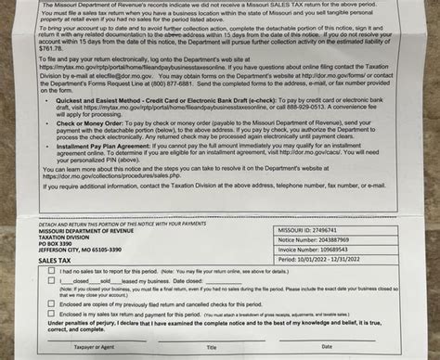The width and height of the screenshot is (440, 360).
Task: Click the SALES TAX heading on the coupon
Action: (53, 262)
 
